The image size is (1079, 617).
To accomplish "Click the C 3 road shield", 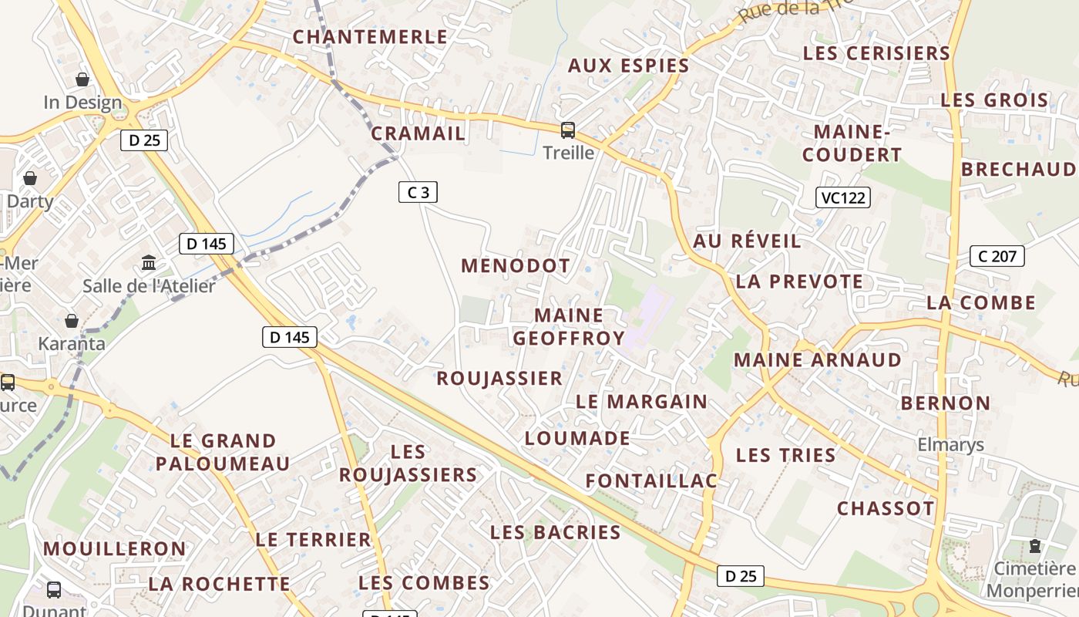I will (418, 192).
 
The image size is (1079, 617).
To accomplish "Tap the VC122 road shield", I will (843, 197).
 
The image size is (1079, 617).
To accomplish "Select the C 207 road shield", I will (998, 256).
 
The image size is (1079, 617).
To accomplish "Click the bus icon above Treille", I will (568, 130).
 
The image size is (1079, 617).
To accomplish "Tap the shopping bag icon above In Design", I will (82, 79).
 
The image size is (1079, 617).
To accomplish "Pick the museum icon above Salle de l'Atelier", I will (149, 263).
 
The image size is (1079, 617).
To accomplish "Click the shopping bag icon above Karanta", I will (72, 321).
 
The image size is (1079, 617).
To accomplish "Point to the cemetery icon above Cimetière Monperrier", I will (1034, 546).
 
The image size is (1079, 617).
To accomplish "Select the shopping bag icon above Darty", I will (30, 179).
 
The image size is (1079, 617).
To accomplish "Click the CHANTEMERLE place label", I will (370, 37).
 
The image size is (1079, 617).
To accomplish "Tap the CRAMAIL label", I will (418, 133).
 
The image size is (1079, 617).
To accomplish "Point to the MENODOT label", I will (516, 266).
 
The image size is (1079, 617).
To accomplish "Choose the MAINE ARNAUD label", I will (817, 360).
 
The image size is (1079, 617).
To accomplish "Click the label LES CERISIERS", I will (876, 53).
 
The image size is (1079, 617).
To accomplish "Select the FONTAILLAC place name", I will (651, 481).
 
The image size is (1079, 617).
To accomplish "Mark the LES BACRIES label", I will (555, 532).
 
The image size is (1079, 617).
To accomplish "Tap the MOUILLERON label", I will (114, 549).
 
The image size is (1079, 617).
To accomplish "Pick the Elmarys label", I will (950, 445).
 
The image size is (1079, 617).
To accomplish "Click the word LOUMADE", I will (576, 439).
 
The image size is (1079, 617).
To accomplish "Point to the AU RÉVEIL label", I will (747, 241).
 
